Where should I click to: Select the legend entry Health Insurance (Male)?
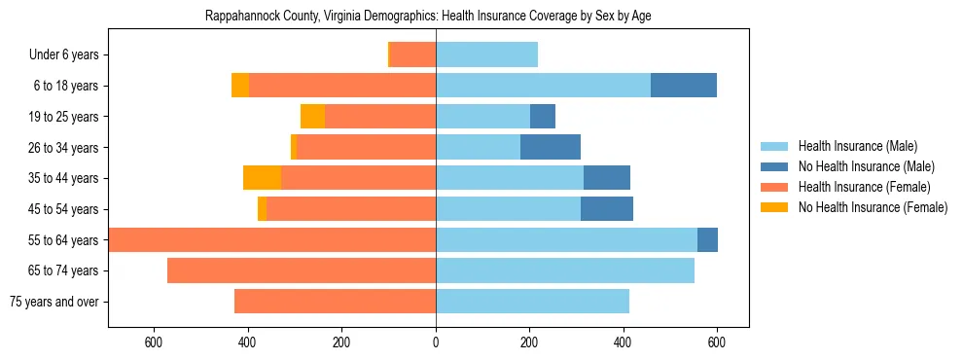pyautogui.click(x=857, y=146)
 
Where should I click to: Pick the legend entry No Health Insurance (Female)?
pyautogui.click(x=873, y=207)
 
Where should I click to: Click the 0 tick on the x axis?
pyautogui.click(x=436, y=342)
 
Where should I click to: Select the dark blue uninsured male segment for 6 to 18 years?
pyautogui.click(x=684, y=86)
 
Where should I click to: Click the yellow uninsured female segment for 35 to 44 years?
pyautogui.click(x=262, y=178)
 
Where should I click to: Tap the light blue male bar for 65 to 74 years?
pyautogui.click(x=565, y=270)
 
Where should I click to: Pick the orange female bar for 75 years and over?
pyautogui.click(x=335, y=302)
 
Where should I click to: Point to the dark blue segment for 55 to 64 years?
pyautogui.click(x=707, y=239)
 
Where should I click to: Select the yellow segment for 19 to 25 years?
pyautogui.click(x=312, y=117)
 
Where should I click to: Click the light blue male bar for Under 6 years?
pyautogui.click(x=486, y=55)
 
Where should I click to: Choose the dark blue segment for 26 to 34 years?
pyautogui.click(x=551, y=147)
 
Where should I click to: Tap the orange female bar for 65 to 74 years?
pyautogui.click(x=302, y=270)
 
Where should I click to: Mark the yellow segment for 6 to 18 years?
pyautogui.click(x=239, y=86)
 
